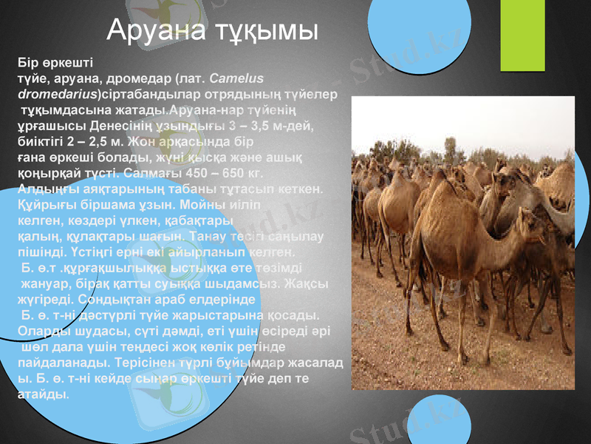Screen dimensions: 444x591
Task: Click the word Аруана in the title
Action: [150, 30]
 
